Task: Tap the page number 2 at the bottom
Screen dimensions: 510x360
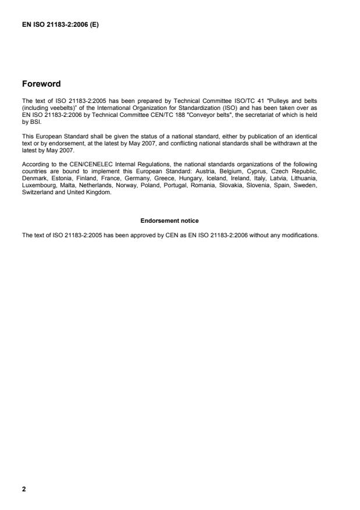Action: tap(24, 488)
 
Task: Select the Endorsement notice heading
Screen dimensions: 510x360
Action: tap(170, 221)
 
